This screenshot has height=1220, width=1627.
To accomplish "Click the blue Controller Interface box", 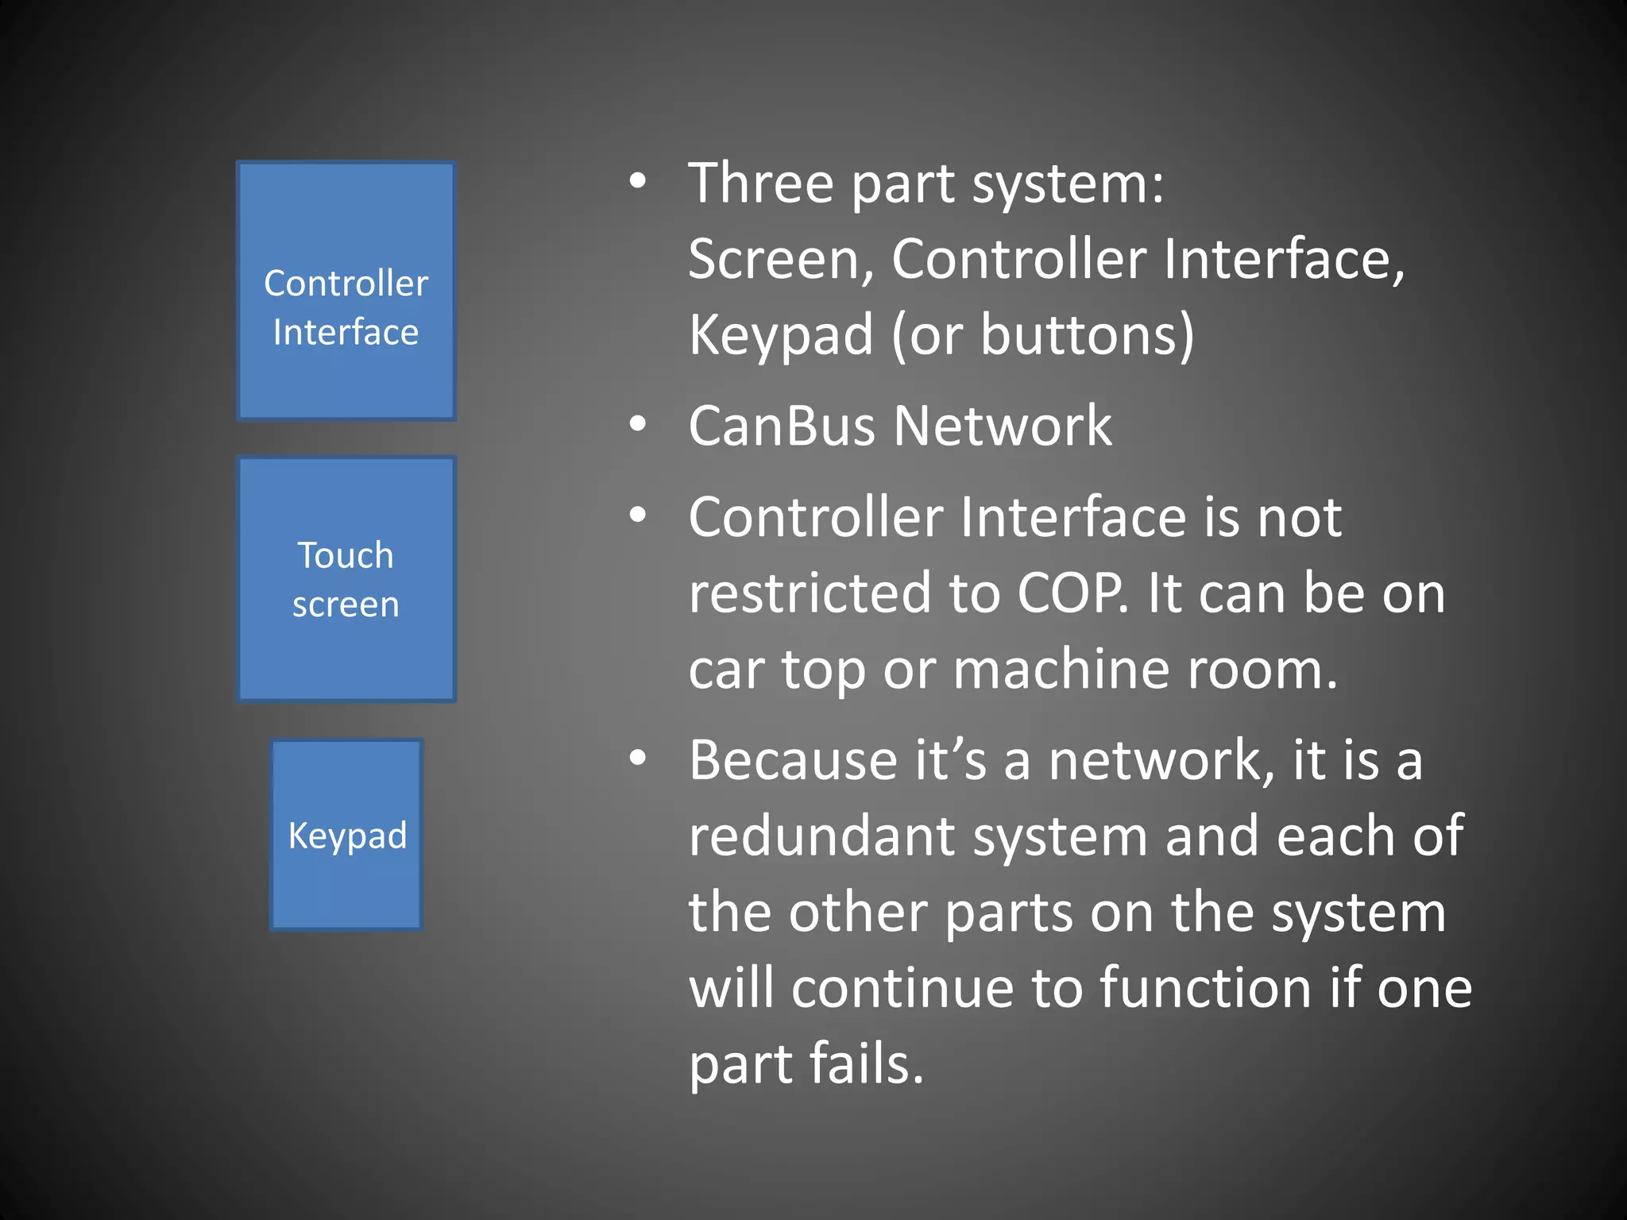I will (x=346, y=291).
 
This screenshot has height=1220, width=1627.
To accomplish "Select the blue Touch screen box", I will (x=346, y=579).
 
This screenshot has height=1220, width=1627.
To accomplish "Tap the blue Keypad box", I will (x=346, y=834).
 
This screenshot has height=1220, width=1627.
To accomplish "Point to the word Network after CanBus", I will (x=1003, y=427).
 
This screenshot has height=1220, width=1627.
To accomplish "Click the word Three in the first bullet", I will (x=760, y=183).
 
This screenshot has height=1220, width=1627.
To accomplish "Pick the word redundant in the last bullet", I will (x=821, y=836).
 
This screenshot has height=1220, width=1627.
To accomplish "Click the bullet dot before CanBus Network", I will (x=637, y=425).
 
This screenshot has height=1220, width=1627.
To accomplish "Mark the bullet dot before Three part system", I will (x=637, y=182).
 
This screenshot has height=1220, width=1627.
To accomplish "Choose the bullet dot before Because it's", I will (x=637, y=759).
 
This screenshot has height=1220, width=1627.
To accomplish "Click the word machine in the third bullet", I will (x=1061, y=670).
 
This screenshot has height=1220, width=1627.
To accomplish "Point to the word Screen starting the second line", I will (x=780, y=260).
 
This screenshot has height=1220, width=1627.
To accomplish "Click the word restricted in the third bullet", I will (x=810, y=593).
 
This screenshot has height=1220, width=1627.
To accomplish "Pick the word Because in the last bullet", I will (x=793, y=760).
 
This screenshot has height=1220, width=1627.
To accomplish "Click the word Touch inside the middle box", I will (x=346, y=555).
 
